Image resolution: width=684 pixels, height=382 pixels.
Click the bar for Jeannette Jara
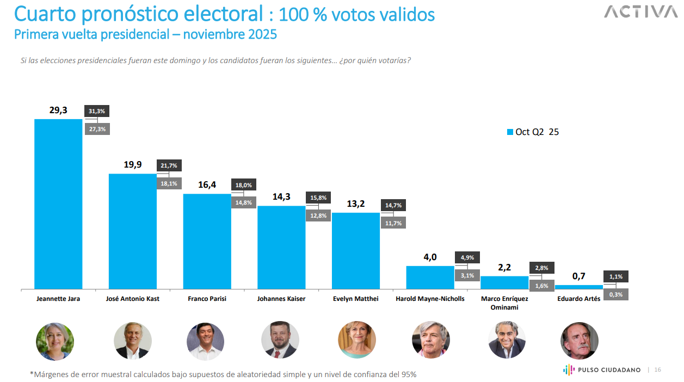pos(58,204)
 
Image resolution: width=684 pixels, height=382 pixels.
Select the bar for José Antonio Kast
pos(133,231)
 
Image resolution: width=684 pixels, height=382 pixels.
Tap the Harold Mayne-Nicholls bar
pos(430,277)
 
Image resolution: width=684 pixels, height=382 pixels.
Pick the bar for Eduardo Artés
pos(579,287)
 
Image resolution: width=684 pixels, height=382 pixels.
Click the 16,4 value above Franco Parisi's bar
pos(207,185)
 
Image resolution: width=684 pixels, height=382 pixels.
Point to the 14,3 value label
pos(281,197)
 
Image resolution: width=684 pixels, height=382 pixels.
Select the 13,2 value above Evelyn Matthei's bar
pos(355,204)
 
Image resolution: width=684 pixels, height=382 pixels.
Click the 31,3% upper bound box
pos(97,111)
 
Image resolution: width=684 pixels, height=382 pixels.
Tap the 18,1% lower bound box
pos(169,183)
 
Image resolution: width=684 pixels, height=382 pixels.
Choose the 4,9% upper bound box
pos(467,257)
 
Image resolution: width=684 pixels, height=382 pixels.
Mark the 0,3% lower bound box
pos(616,294)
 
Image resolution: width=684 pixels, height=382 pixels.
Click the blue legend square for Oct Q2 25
pos(510,132)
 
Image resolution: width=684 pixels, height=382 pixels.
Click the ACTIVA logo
pos(640,12)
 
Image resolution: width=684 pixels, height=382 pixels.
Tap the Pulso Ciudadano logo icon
pos(568,369)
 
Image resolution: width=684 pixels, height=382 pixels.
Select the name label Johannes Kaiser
pos(281,299)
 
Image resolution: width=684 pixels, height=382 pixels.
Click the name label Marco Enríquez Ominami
pos(504,303)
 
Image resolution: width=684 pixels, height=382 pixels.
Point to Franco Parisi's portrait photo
pos(206,341)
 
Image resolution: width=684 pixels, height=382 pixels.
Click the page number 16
pos(657,370)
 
